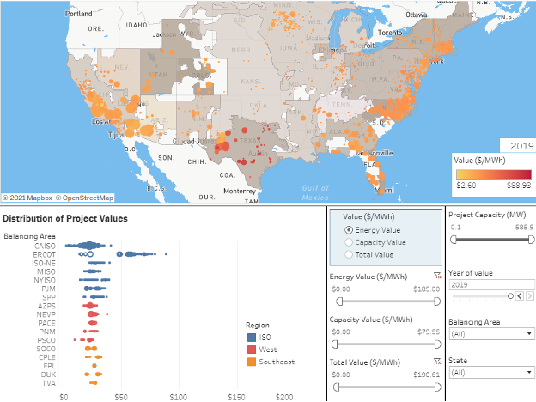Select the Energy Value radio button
click(347, 230)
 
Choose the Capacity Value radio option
click(347, 242)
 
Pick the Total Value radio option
click(347, 254)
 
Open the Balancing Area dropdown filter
click(489, 333)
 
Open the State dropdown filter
click(489, 372)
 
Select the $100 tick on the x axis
click(178, 397)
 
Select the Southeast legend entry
click(271, 362)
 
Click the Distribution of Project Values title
click(65, 218)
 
